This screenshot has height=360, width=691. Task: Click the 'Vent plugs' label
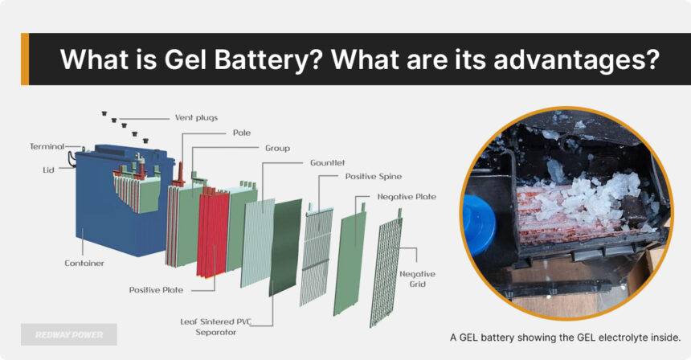pos(196,117)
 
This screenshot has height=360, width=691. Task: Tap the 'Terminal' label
pos(47,146)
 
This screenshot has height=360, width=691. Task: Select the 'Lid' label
pos(49,170)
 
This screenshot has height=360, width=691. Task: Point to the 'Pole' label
pos(241,133)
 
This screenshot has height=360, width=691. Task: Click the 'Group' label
pos(277,148)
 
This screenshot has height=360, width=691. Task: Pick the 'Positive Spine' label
pos(373,176)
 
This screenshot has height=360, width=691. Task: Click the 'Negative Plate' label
pos(407,196)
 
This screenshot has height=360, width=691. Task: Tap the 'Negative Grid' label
pos(417,279)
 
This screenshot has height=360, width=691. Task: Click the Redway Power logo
pos(69,334)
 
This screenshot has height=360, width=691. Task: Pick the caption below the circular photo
pos(566,337)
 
